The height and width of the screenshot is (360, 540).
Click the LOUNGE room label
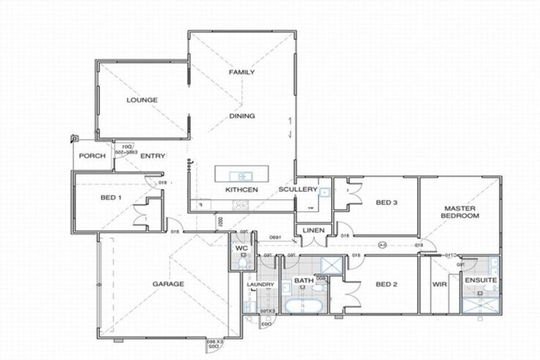(141, 100)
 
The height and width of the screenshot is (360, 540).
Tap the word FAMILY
(241, 72)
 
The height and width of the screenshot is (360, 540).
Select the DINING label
(241, 116)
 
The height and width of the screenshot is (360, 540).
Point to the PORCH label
(91, 156)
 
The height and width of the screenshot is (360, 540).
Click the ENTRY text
(153, 156)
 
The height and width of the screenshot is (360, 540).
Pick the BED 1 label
(110, 198)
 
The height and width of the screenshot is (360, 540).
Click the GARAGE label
(168, 284)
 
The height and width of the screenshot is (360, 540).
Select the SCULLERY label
(294, 191)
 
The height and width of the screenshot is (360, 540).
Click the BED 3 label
(387, 203)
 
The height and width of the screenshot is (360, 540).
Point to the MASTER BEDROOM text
(461, 212)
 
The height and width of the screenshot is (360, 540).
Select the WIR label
(441, 284)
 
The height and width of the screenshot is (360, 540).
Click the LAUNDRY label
(259, 284)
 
